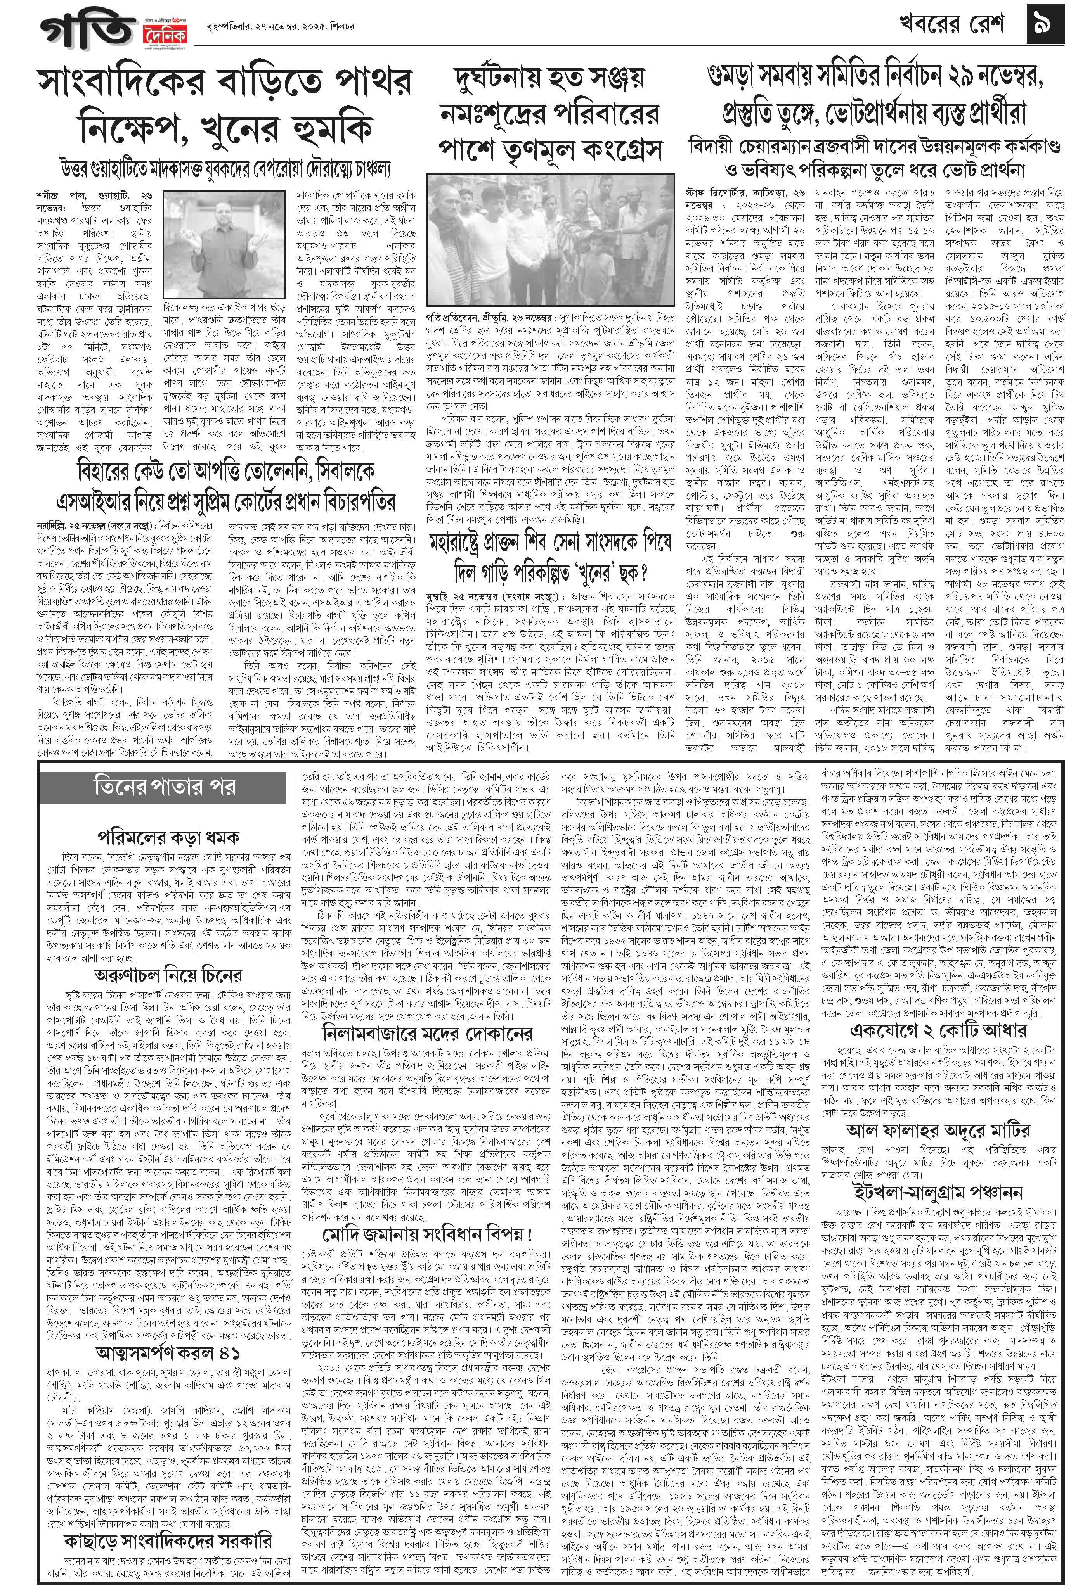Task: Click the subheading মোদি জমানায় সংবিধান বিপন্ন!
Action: click(x=428, y=1234)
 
